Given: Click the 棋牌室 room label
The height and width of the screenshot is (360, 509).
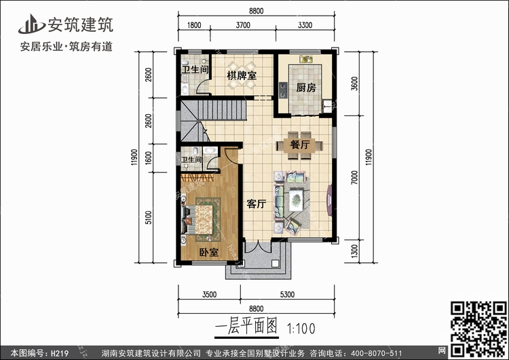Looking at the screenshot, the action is pyautogui.click(x=242, y=75).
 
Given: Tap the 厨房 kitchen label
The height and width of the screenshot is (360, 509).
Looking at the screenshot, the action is pyautogui.click(x=306, y=88).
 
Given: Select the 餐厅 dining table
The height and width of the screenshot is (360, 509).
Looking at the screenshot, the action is pyautogui.click(x=299, y=145).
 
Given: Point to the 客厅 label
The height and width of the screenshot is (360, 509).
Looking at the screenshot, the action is pyautogui.click(x=256, y=204).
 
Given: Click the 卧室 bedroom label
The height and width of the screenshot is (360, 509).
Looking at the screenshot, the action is pyautogui.click(x=208, y=252).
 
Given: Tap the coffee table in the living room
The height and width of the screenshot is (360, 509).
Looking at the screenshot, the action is pyautogui.click(x=296, y=200).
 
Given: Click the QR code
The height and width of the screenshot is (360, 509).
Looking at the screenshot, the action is pyautogui.click(x=478, y=329).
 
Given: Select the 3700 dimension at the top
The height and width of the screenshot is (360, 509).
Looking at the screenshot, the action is pyautogui.click(x=243, y=25).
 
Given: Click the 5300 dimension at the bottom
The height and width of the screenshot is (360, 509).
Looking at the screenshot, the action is pyautogui.click(x=287, y=294).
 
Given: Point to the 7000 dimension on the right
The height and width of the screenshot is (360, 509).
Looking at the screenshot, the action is pyautogui.click(x=354, y=177).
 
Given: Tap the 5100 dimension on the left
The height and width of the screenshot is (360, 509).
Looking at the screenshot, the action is pyautogui.click(x=149, y=217).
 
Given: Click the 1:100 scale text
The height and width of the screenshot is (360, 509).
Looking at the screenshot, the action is pyautogui.click(x=301, y=329).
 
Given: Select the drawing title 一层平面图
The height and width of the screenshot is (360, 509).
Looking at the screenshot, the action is pyautogui.click(x=246, y=326).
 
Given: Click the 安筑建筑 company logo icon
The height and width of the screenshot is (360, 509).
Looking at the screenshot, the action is pyautogui.click(x=31, y=24).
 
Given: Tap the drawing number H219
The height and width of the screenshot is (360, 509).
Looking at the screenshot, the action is pyautogui.click(x=60, y=353).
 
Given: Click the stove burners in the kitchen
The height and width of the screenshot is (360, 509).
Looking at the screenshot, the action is pyautogui.click(x=283, y=90).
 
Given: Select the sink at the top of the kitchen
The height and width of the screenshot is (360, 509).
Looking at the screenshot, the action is pyautogui.click(x=306, y=59).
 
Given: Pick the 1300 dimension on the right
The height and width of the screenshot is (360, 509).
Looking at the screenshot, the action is pyautogui.click(x=354, y=251).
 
